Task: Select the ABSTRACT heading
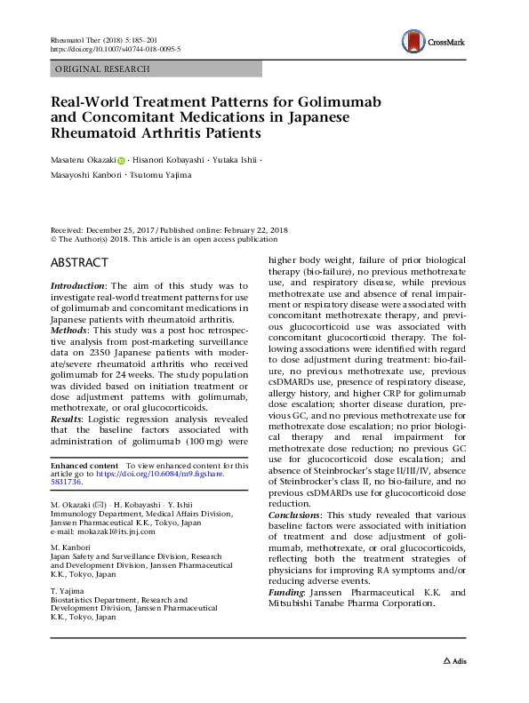coord(80,262)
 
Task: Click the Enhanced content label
coord(84,466)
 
